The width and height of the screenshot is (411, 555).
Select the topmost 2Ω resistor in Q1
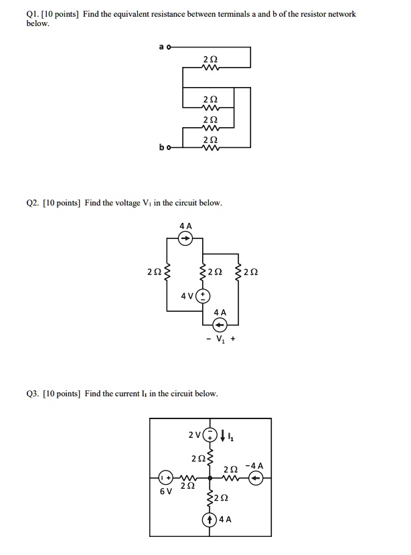click(209, 68)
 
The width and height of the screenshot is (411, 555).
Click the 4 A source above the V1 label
click(220, 325)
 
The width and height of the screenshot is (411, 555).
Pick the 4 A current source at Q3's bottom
click(210, 519)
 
